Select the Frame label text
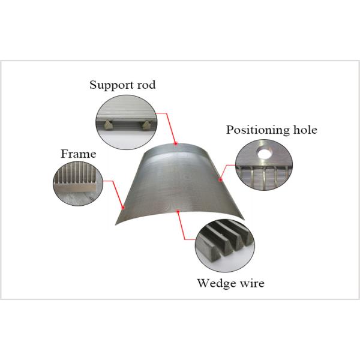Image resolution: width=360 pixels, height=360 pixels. click(x=78, y=154)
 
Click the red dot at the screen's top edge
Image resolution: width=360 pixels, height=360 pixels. click(x=175, y=144)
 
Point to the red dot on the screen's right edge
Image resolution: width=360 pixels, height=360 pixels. click(x=221, y=178)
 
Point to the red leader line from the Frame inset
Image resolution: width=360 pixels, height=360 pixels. click(x=113, y=192)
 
